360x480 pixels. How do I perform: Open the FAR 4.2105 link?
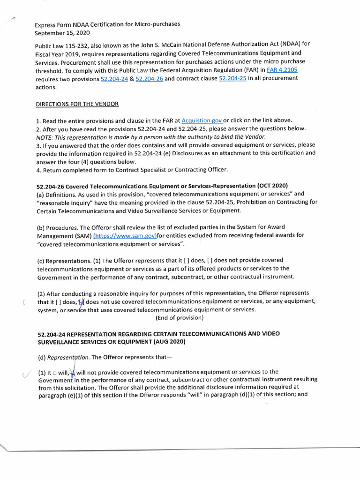pyautogui.click(x=282, y=70)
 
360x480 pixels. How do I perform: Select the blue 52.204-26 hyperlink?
pyautogui.click(x=149, y=79)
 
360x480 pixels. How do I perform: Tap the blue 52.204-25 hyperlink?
pyautogui.click(x=232, y=78)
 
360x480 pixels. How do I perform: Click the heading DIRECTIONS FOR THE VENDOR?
pyautogui.click(x=77, y=104)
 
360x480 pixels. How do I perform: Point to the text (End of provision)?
pyautogui.click(x=180, y=318)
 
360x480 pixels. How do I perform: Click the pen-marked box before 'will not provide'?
pyautogui.click(x=72, y=372)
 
